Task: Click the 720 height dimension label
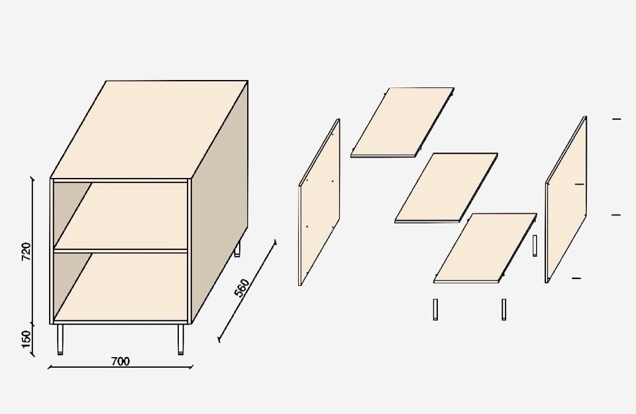26,251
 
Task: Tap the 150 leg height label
26,339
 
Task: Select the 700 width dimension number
121,361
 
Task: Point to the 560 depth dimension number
242,288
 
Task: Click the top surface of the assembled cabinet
149,130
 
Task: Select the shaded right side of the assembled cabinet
219,202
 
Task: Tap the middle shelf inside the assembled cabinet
121,216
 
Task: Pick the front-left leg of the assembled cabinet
60,339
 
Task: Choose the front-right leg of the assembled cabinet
180,339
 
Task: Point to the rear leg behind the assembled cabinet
237,249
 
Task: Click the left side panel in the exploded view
319,202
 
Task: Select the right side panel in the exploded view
566,199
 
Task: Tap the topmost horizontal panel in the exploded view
402,122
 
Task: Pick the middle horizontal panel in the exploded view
446,188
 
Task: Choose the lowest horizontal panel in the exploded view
485,248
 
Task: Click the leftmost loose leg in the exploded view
435,310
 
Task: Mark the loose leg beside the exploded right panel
535,245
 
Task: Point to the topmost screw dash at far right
617,119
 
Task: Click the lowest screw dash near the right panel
576,278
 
